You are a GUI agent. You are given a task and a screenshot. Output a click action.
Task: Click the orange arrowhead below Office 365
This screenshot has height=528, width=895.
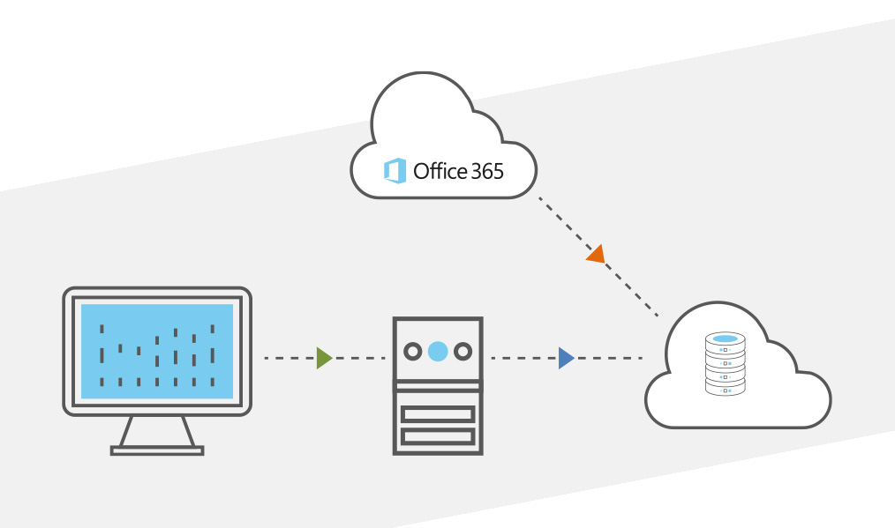[x=597, y=255]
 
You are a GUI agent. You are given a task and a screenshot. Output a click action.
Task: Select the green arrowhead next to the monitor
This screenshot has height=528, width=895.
[x=324, y=358]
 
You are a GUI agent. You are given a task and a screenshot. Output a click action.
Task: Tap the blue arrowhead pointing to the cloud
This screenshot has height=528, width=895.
[x=566, y=358]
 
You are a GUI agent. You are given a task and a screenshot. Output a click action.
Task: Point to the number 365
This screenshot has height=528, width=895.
[x=486, y=171]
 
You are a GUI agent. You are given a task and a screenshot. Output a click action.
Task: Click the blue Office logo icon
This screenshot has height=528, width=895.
[x=395, y=171]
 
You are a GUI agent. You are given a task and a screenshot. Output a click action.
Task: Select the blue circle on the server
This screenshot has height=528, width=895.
[x=437, y=352]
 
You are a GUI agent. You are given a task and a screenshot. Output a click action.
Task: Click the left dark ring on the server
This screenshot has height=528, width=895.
[x=412, y=352]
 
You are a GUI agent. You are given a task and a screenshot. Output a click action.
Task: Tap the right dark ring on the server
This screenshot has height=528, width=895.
[x=462, y=352]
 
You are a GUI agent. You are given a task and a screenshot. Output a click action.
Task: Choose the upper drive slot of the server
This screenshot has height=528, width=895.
[x=438, y=413]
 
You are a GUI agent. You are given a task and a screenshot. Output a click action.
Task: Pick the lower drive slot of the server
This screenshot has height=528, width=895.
[x=438, y=435]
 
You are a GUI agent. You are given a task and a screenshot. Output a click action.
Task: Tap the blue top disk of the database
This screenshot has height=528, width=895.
[x=725, y=338]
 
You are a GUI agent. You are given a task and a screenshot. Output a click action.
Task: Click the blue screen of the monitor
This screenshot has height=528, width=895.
[x=157, y=351]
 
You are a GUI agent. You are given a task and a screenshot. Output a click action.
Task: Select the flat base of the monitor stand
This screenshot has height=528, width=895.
[x=157, y=450]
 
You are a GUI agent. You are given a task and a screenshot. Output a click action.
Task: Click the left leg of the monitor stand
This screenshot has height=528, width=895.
[x=126, y=431]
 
